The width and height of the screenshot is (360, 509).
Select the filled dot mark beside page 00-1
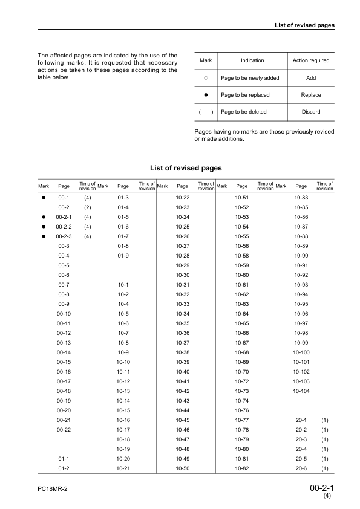[x=44, y=198]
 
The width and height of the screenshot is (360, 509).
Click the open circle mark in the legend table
[x=206, y=78]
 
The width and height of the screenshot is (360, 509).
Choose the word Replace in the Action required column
[x=310, y=95]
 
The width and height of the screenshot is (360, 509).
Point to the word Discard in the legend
[x=310, y=112]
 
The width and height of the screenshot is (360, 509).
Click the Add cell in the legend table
[x=310, y=78]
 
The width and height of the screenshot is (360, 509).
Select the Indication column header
[x=252, y=60]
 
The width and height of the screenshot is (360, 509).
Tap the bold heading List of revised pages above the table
[x=185, y=167]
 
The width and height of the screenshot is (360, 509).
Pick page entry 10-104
[x=301, y=391]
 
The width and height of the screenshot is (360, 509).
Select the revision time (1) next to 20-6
[x=324, y=468]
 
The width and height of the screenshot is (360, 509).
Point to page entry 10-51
[x=242, y=198]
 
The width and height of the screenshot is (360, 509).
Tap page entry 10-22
[x=183, y=198]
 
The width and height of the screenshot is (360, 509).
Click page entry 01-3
[x=123, y=198]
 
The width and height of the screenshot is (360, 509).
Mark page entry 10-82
[x=242, y=468]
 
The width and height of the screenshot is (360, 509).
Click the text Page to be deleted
[x=243, y=112]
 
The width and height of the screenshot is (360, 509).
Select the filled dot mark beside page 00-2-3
[x=44, y=236]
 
